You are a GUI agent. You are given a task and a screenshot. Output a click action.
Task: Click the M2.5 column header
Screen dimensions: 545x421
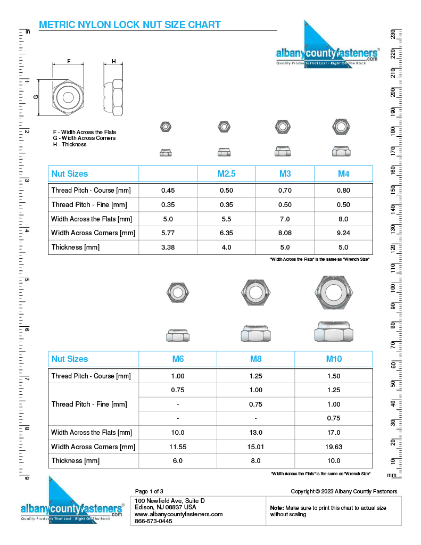coord(227,174)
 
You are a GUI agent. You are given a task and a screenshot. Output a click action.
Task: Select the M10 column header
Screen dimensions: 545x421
coord(334,359)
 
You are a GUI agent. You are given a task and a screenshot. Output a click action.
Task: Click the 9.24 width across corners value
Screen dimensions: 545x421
coord(343,233)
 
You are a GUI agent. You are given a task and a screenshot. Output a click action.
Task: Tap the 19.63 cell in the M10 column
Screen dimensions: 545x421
coord(334,447)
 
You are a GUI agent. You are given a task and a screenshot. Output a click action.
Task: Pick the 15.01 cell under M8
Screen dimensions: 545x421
coord(256,447)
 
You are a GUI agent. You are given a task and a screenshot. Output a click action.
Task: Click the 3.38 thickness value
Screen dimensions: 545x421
coord(168,247)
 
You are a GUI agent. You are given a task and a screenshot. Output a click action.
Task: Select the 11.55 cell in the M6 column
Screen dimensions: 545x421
coord(178,447)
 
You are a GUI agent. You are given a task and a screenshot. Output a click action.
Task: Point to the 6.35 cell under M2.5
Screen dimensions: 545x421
coord(227,233)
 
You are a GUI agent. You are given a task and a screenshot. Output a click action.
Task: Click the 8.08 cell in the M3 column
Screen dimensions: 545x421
coord(285,233)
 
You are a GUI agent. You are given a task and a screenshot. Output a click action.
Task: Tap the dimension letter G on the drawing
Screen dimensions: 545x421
coord(36,97)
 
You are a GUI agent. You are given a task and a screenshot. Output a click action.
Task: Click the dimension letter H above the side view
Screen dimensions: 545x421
coord(113,62)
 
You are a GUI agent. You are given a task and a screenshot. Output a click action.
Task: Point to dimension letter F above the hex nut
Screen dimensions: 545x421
coord(69,62)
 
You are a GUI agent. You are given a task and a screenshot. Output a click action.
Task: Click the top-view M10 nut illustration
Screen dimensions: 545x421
coord(334,293)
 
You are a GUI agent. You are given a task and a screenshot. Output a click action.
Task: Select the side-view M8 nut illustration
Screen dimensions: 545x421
coord(256,334)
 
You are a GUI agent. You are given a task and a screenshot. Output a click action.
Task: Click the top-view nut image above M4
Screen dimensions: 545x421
coord(341,127)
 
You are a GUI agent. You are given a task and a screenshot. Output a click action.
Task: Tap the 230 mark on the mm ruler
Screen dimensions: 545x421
coord(392,34)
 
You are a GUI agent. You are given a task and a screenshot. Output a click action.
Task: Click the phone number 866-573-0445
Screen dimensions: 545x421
coord(154,522)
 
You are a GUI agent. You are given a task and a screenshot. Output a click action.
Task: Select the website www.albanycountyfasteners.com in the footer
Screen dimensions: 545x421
coord(178,515)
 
